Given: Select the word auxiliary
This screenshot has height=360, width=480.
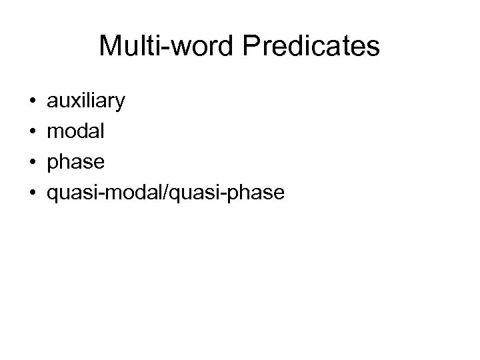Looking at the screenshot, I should tap(85, 101).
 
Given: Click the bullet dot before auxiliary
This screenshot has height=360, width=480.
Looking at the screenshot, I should tap(33, 102).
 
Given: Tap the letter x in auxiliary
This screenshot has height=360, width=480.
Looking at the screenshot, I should tap(75, 102).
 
